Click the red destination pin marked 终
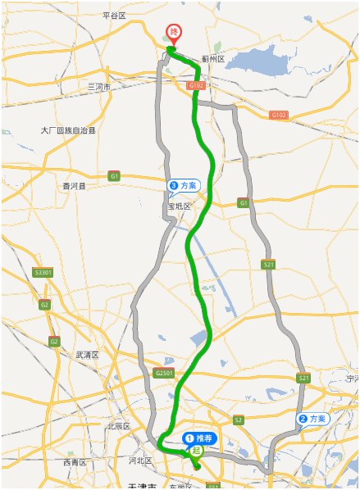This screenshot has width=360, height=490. coord(174,34)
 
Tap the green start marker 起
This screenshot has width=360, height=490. coord(196,450)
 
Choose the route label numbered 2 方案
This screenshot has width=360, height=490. coord(312,419)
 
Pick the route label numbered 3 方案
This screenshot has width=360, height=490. coord(184,186)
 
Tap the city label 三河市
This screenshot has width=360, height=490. coord(99,86)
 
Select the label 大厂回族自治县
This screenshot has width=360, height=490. coord(69,130)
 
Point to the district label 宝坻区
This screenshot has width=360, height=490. coord(179,206)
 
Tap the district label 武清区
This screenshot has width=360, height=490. coord(87,355)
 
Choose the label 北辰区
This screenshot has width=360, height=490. coord(118,426)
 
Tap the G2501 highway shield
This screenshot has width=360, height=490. coord(164,374)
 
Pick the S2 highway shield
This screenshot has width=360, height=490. coord(238,420)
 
